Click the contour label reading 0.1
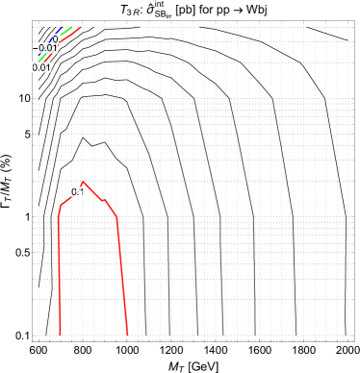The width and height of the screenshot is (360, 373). (x=78, y=192)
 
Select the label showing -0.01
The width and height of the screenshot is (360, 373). (x=45, y=48)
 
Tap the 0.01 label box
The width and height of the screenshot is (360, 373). (x=41, y=67)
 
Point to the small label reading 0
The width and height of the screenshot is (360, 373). (x=56, y=39)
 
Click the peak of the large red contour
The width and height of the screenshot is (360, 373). (x=84, y=181)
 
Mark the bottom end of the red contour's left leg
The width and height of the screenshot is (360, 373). (x=60, y=335)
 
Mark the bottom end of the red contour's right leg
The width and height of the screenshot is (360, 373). (x=127, y=335)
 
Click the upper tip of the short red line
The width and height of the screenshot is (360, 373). (x=81, y=27)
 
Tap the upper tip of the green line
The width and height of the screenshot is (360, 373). (x=71, y=27)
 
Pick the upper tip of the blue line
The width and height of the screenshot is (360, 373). (x=64, y=28)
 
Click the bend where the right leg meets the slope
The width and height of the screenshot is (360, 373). (x=116, y=216)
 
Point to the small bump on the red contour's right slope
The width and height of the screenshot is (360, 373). (x=106, y=201)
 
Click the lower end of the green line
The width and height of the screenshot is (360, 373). (x=39, y=62)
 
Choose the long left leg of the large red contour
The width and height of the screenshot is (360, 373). (x=59, y=279)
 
